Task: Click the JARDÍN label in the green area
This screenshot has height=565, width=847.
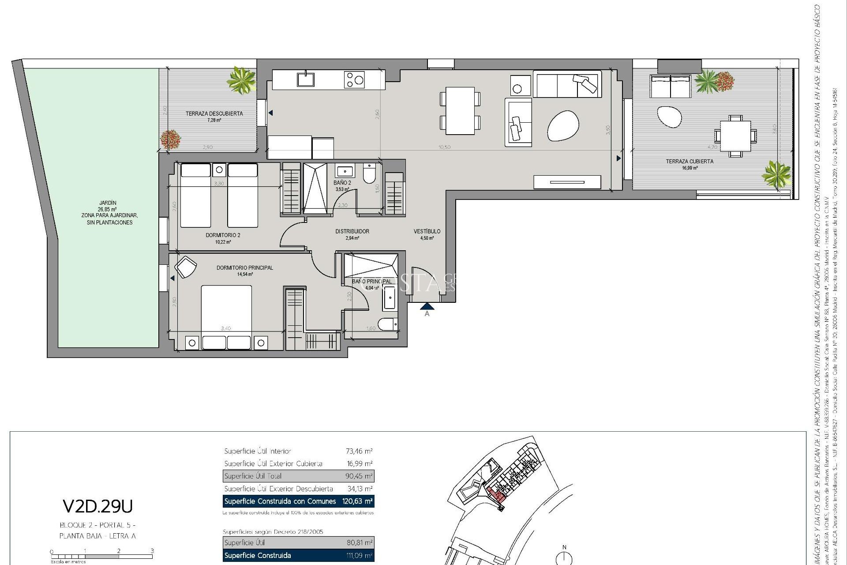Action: point(108,203)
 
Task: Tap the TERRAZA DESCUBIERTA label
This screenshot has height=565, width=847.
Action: point(214,113)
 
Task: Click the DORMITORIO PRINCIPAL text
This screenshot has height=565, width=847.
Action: point(244,267)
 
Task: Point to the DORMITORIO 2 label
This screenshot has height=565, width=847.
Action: point(223,235)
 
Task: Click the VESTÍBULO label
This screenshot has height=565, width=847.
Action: point(427,231)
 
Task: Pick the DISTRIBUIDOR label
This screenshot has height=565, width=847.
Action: point(352,231)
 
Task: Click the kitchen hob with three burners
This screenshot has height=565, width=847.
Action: point(354,80)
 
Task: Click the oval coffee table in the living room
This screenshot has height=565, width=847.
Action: point(563,126)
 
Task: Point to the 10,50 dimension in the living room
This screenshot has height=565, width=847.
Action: point(444,147)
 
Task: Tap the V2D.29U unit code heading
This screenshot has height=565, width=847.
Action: point(97,507)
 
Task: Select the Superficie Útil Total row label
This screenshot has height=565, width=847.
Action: point(253,476)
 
